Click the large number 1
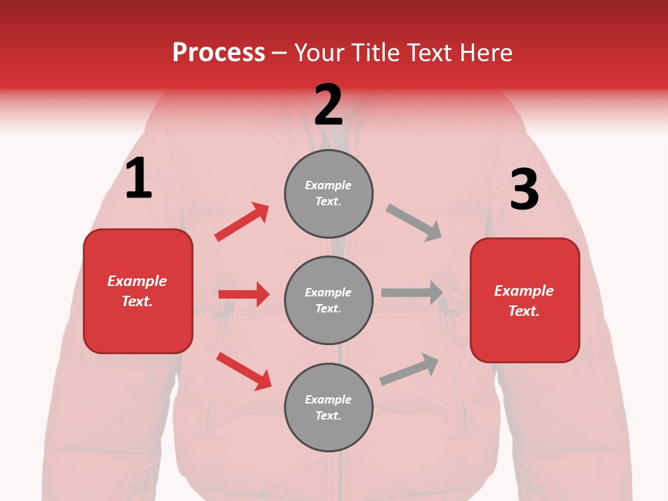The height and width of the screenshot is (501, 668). point(138,179)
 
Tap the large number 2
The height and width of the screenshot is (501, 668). point(328,105)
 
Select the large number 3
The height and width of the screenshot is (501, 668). point(524,189)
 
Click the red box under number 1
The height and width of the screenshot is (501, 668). point(138,291)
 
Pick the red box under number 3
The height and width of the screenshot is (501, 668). point(525,301)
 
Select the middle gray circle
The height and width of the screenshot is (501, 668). point(328,300)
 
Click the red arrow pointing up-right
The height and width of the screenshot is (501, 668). point(242,221)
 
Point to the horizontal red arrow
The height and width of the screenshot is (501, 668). point(244,294)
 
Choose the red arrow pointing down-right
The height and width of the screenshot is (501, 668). point(244,371)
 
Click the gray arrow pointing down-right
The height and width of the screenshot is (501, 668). point(414,223)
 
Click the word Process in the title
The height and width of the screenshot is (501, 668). point(218,52)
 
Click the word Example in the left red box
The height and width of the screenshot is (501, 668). point(137,281)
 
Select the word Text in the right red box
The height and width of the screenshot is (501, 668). point(523,311)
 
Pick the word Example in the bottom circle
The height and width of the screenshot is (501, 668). point(328,399)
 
